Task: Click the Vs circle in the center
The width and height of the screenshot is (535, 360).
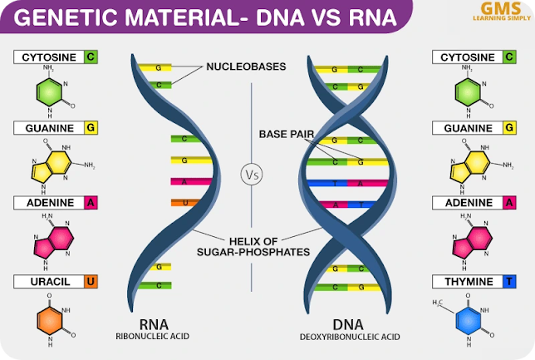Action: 252,175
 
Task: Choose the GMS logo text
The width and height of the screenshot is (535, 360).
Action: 493,8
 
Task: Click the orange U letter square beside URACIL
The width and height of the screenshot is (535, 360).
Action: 91,282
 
